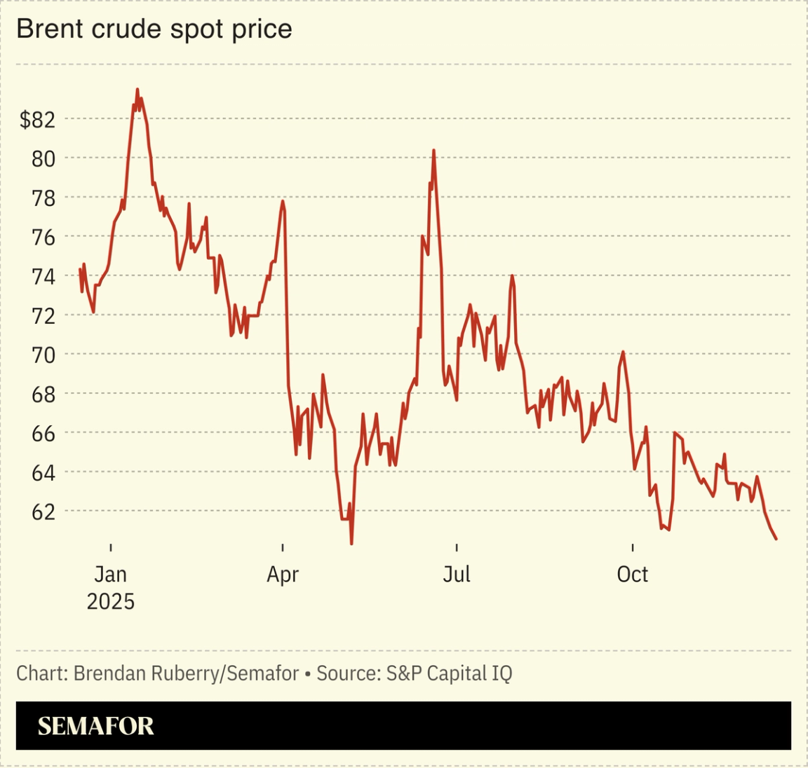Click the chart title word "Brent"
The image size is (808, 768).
[46, 29]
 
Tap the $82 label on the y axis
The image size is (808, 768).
[36, 120]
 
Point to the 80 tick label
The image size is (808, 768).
[43, 159]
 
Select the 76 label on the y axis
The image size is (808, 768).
[43, 238]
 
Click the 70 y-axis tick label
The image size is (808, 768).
[43, 355]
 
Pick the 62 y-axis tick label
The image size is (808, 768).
[43, 512]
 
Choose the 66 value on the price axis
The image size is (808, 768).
[43, 434]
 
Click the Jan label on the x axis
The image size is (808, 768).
[110, 575]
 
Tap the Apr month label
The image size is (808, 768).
[283, 575]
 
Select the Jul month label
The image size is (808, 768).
[456, 575]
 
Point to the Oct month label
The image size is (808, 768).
[632, 575]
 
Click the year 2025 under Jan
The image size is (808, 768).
[110, 602]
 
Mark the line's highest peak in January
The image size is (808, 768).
[137, 90]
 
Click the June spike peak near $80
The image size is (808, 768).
[433, 151]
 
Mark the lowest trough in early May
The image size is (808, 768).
[351, 543]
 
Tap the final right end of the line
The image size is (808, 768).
[776, 539]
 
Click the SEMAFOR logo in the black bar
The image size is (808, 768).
[95, 726]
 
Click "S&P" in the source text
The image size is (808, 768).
[404, 673]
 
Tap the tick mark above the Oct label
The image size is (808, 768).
[632, 547]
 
